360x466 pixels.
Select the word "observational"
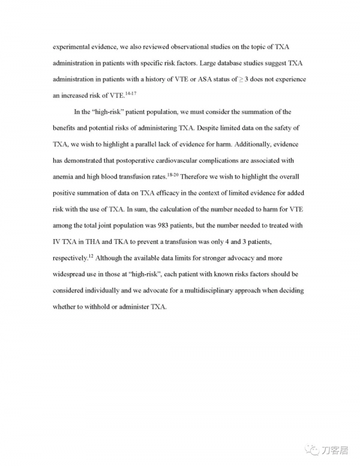click(x=200, y=47)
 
